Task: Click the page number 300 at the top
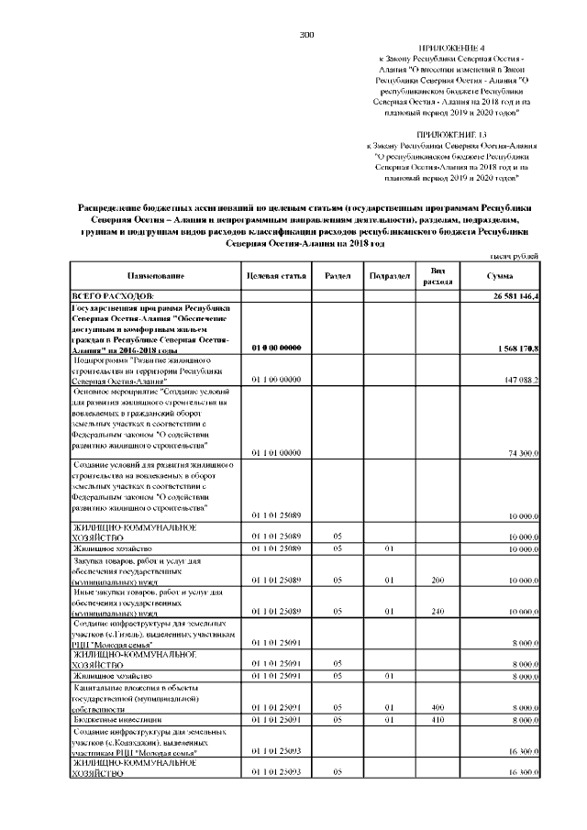point(306,35)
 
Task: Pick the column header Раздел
point(337,276)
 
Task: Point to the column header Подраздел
point(389,276)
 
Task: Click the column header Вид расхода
point(437,276)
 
